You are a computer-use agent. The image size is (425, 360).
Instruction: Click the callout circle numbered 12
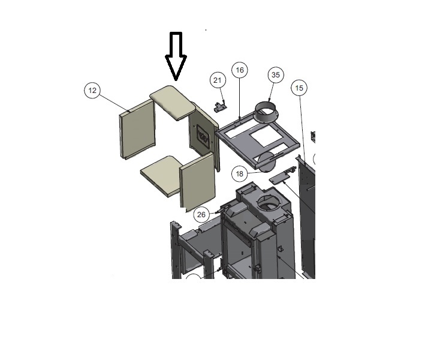coord(92,91)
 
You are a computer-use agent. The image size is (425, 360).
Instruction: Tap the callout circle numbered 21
coord(218,80)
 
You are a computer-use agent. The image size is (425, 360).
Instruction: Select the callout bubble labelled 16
coord(240,70)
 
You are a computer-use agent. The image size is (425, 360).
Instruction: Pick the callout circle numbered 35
coord(276,75)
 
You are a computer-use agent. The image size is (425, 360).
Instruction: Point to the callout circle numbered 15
coord(299,88)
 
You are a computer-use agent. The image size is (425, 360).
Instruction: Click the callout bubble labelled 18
coord(240,174)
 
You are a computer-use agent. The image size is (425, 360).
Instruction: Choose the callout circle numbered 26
coord(201,215)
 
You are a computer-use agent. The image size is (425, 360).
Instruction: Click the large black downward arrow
coord(176,56)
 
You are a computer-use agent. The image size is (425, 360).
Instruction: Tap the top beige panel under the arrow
coord(173,103)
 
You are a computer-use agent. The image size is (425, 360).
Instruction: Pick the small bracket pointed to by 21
coord(220,107)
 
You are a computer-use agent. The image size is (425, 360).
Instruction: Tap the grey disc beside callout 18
coord(267,162)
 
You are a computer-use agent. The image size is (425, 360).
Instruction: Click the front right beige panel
coord(197,181)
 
